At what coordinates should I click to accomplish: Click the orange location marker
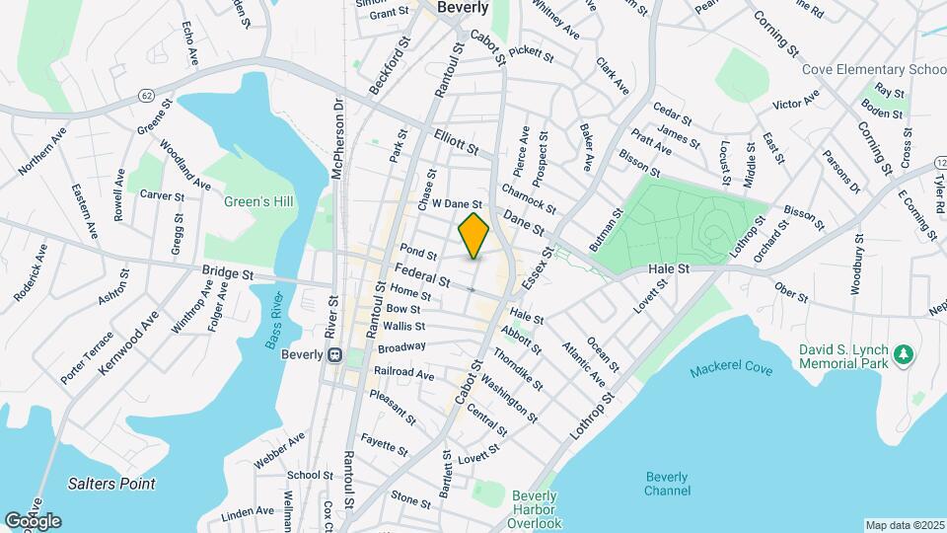pyautogui.click(x=474, y=236)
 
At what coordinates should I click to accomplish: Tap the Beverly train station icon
pyautogui.click(x=334, y=354)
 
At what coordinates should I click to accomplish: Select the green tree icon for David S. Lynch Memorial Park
pyautogui.click(x=902, y=352)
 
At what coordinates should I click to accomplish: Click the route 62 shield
pyautogui.click(x=146, y=95)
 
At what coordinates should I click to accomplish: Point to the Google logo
pyautogui.click(x=33, y=521)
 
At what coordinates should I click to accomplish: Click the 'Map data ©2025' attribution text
pyautogui.click(x=904, y=525)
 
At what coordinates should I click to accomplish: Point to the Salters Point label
pyautogui.click(x=112, y=484)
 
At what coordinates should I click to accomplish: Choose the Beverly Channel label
pyautogui.click(x=667, y=484)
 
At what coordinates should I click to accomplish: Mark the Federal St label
pyautogui.click(x=422, y=273)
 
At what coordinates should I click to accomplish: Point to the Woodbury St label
pyautogui.click(x=858, y=265)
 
